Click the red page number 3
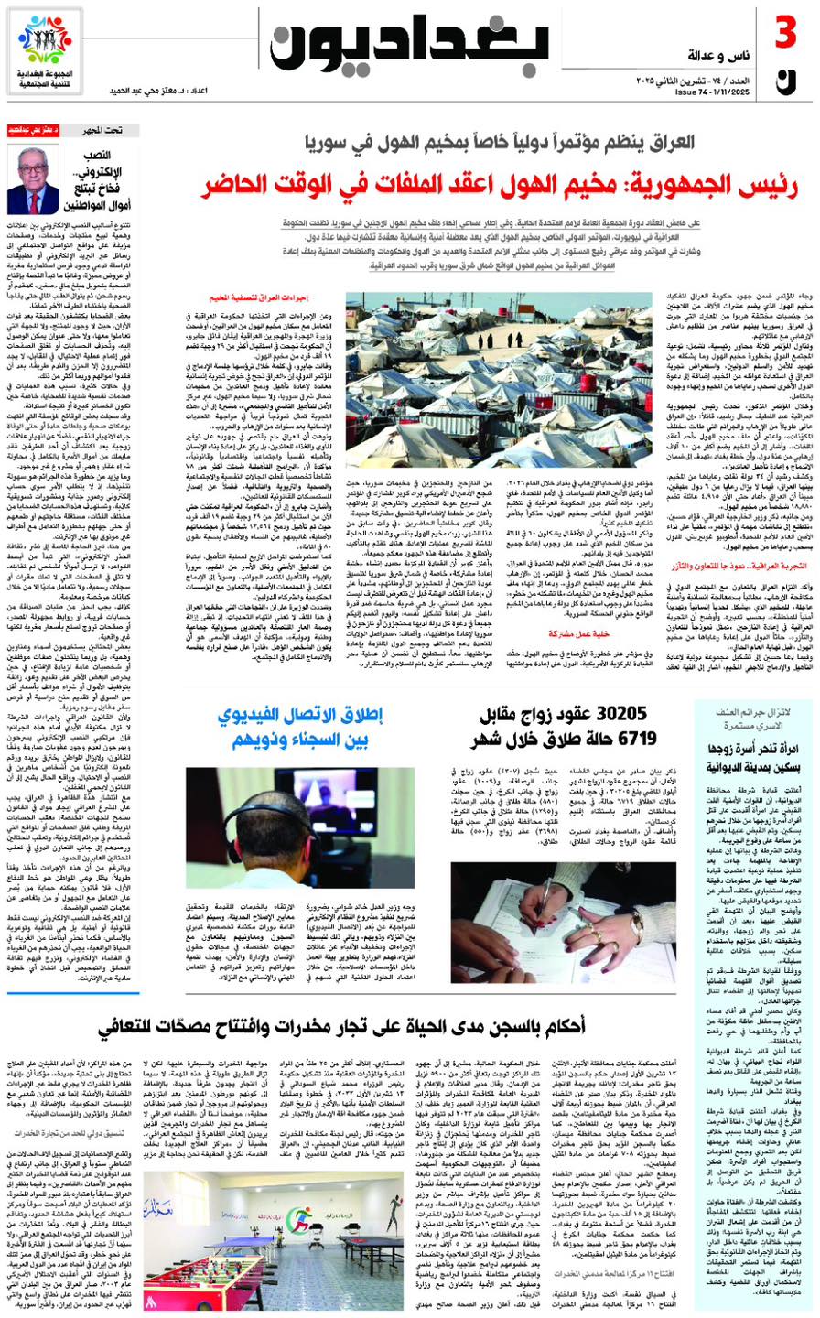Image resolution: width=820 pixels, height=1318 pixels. coord(786,37)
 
